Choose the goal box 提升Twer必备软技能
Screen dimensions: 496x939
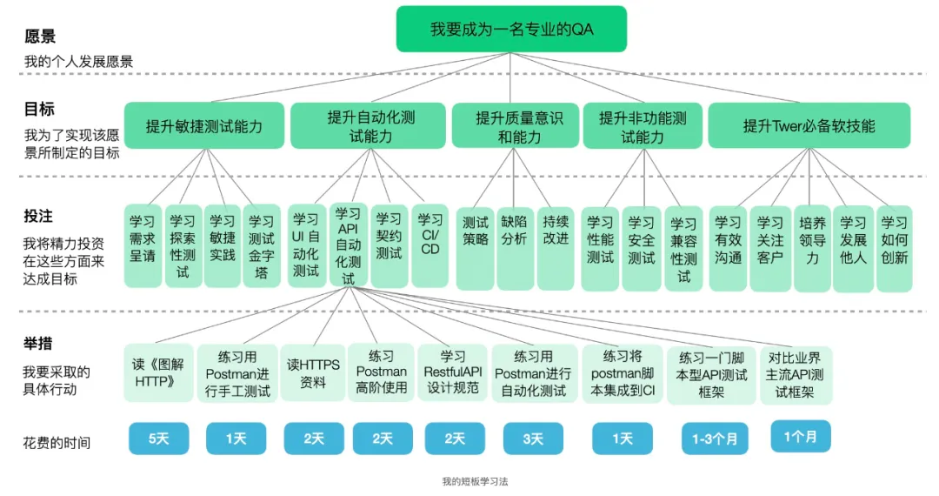[x=809, y=126]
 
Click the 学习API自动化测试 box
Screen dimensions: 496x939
[x=349, y=246]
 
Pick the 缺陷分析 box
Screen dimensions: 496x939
[x=515, y=231]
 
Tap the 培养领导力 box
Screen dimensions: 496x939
[x=812, y=240]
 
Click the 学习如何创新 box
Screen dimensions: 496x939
[x=894, y=240]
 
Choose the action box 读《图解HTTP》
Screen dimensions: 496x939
[x=158, y=373]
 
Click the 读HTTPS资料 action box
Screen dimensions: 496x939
[x=313, y=373]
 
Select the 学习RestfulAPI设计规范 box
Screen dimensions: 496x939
[x=453, y=373]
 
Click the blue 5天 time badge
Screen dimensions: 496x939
[x=158, y=439]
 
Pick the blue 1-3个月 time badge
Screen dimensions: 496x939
[x=714, y=439]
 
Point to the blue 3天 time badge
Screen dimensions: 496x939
[x=533, y=439]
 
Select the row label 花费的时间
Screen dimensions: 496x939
[x=57, y=443]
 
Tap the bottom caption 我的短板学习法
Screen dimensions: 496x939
[x=469, y=481]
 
